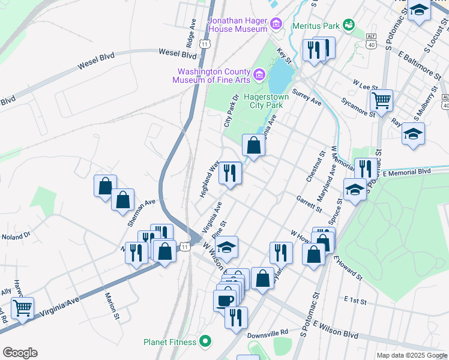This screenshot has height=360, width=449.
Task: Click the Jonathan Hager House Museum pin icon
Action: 276,23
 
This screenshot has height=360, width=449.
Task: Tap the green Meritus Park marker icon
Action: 348,25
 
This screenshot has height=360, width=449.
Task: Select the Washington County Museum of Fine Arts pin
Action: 259,74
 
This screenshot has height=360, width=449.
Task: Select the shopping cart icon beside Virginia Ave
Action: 22,308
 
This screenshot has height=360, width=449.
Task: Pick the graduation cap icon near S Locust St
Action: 419,10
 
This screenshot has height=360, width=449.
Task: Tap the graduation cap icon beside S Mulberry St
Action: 413,133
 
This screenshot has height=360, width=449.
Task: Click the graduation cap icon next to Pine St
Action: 227,247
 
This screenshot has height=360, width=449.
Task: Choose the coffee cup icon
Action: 225,299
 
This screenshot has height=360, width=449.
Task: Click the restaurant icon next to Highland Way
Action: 230,173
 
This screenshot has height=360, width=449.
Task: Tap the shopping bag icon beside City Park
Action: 253,145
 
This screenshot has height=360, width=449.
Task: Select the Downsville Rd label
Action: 268,332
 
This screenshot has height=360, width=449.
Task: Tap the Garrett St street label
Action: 310,204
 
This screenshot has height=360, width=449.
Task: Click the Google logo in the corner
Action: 20,353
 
